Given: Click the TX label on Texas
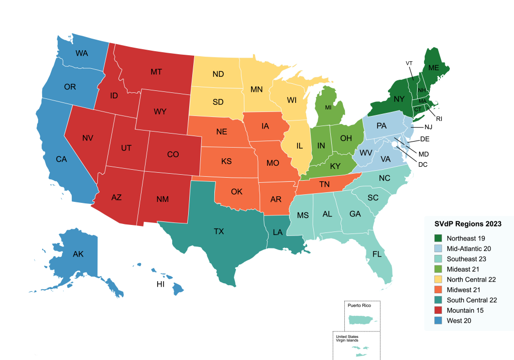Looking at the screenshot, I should (219, 231).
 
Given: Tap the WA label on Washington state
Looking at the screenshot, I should (82, 53).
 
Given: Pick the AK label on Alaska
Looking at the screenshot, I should (78, 254).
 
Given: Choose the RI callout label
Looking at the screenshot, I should (439, 119).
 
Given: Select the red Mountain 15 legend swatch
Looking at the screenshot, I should (436, 310).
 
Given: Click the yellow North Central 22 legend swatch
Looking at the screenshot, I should (436, 279).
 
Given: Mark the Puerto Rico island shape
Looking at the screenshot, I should (361, 320).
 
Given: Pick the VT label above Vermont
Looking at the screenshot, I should (409, 63).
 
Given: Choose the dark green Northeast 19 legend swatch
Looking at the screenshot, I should (436, 238).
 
